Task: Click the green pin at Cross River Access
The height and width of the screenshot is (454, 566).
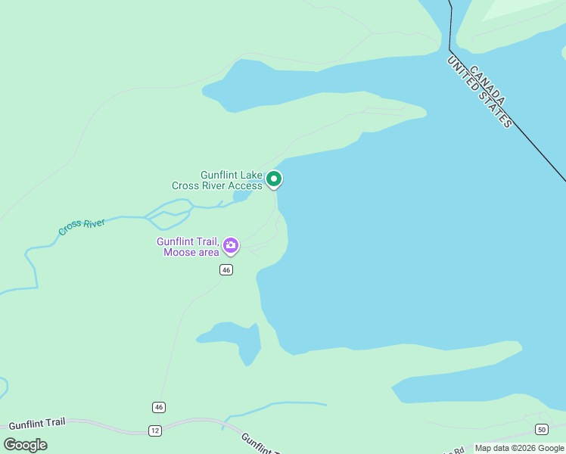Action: [x=274, y=179]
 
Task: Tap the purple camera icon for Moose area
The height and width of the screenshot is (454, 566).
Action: [x=231, y=245]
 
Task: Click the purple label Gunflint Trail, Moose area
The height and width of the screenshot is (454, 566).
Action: [x=189, y=247]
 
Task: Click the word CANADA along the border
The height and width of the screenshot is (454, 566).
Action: [x=487, y=85]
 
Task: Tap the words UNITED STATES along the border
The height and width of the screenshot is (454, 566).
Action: [x=480, y=92]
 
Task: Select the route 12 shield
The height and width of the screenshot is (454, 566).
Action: [x=154, y=431]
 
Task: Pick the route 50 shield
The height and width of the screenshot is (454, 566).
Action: [x=541, y=430]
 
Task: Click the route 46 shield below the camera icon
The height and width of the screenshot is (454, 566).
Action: [x=226, y=270]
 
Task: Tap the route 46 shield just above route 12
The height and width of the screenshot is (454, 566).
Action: [x=158, y=407]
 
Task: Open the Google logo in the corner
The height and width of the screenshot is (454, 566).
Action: [x=25, y=445]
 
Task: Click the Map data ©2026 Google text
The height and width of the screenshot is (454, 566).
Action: [x=519, y=448]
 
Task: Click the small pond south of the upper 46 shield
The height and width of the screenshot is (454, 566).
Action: [x=235, y=340]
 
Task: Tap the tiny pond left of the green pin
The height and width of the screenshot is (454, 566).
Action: [x=241, y=197]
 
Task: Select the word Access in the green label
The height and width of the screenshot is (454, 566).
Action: [x=245, y=185]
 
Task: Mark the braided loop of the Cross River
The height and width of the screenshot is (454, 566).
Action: [x=168, y=216]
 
